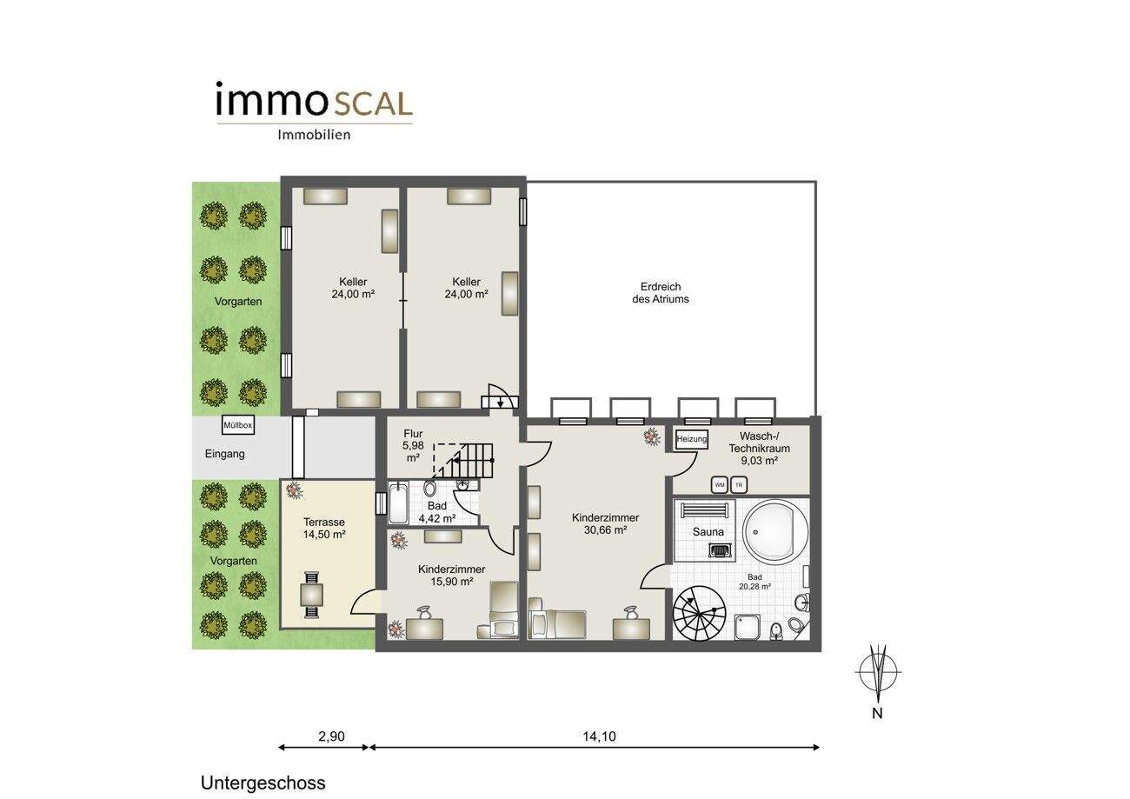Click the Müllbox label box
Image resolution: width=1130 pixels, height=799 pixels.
237,425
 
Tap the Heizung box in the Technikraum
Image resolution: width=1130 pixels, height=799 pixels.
692,439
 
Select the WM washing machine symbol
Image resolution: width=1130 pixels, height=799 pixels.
720,485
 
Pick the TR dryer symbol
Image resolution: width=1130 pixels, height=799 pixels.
739,485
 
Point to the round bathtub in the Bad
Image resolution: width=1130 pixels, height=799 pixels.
775,532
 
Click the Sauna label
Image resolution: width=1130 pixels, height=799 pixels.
708,532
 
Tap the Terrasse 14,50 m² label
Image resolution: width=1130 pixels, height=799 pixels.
324,528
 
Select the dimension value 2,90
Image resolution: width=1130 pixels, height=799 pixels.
331,736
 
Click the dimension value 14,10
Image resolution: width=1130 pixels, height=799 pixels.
599,736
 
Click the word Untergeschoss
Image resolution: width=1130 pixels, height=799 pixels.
263,783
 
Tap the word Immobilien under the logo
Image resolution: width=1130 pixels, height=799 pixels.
314,135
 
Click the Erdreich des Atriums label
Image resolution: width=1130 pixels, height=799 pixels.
661,293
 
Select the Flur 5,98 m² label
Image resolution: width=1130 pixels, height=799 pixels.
413,446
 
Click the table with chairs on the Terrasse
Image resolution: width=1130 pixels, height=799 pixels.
311,594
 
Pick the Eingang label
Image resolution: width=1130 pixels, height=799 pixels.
224,454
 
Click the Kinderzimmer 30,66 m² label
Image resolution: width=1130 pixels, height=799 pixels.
605,523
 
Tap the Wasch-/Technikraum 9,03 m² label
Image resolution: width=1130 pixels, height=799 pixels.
759,448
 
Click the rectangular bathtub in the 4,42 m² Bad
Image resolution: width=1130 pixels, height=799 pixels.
398,503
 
